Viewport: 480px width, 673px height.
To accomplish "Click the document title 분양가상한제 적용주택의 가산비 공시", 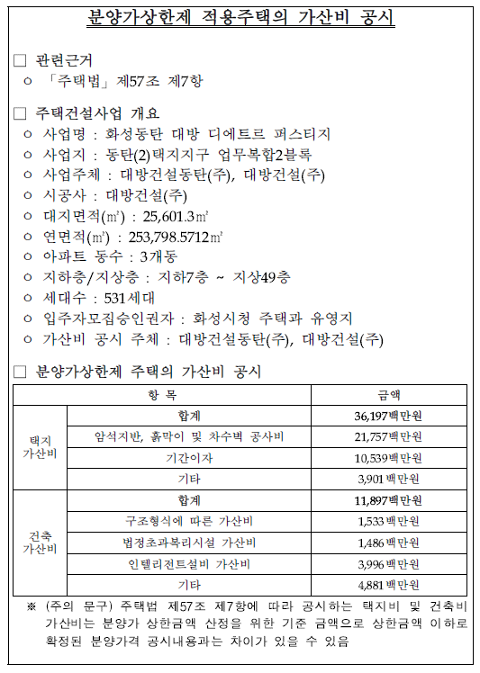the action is [x=240, y=19].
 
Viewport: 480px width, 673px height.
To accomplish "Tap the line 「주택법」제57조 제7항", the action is [x=126, y=82].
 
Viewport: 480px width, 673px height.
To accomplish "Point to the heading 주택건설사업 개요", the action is [x=97, y=114].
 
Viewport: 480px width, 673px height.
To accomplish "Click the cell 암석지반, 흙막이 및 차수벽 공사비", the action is [x=189, y=437].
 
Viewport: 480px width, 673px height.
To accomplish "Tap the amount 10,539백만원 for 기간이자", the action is [x=388, y=458].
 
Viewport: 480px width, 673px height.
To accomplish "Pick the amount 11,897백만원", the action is [x=388, y=500].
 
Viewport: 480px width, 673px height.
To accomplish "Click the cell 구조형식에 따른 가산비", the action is [x=189, y=521].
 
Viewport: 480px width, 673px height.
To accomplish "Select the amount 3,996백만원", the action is [x=388, y=564].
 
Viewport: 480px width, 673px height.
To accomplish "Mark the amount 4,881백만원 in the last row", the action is [x=388, y=585].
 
